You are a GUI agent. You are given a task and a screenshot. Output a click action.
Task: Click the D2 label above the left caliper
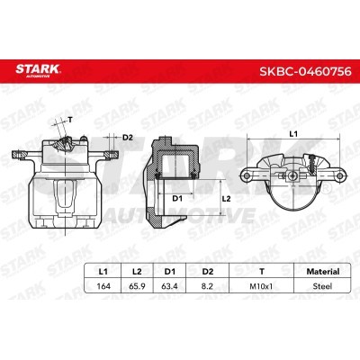pos(127,137)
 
